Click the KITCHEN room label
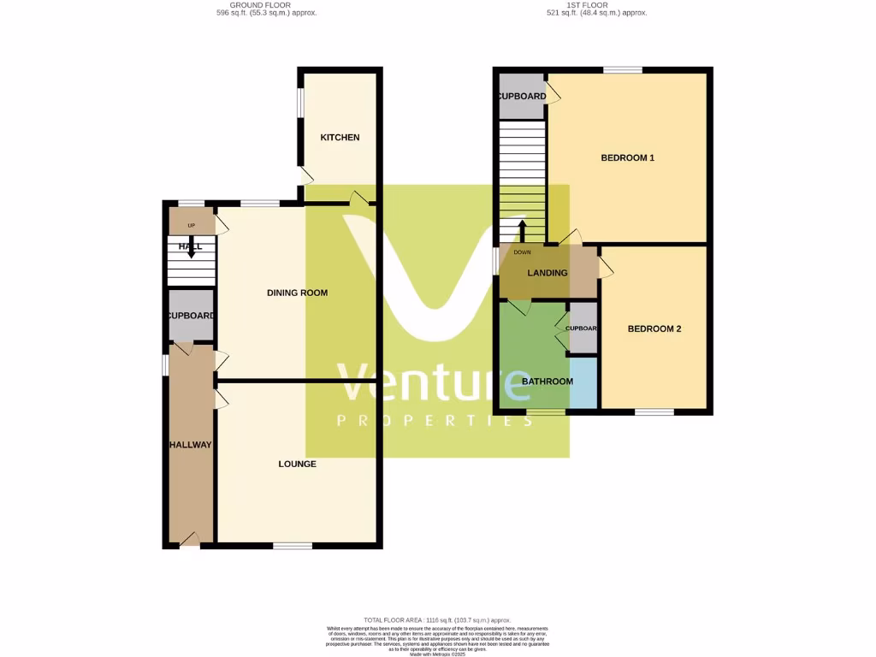tap(340, 138)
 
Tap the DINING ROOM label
tap(298, 293)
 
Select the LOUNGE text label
tap(297, 464)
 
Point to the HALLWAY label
tap(190, 445)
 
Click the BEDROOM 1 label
tap(627, 157)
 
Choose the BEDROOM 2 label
tap(654, 328)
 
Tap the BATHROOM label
tap(547, 381)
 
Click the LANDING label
tap(547, 273)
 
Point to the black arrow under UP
tap(191, 248)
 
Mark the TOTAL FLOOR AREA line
tap(437, 619)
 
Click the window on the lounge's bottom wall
tap(293, 545)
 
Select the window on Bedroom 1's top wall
tap(623, 70)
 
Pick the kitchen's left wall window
tap(299, 102)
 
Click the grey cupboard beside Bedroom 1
tap(521, 96)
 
